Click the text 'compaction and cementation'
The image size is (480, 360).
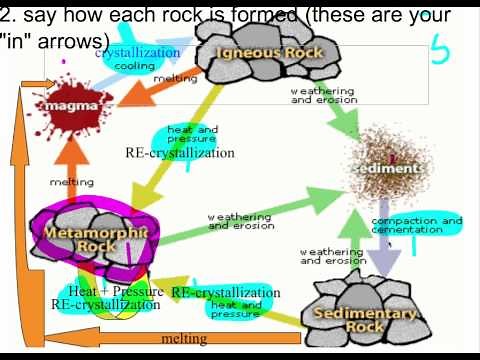click(417, 225)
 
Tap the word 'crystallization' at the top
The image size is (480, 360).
click(138, 53)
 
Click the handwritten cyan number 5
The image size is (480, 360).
click(440, 47)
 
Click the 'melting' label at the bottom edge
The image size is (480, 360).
click(184, 339)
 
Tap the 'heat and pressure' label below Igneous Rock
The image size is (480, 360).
click(192, 134)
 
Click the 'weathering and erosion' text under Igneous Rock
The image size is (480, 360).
click(322, 95)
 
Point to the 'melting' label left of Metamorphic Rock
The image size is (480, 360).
click(72, 182)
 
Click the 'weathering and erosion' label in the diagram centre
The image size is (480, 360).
click(239, 221)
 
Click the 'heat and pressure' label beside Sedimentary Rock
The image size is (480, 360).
click(236, 308)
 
